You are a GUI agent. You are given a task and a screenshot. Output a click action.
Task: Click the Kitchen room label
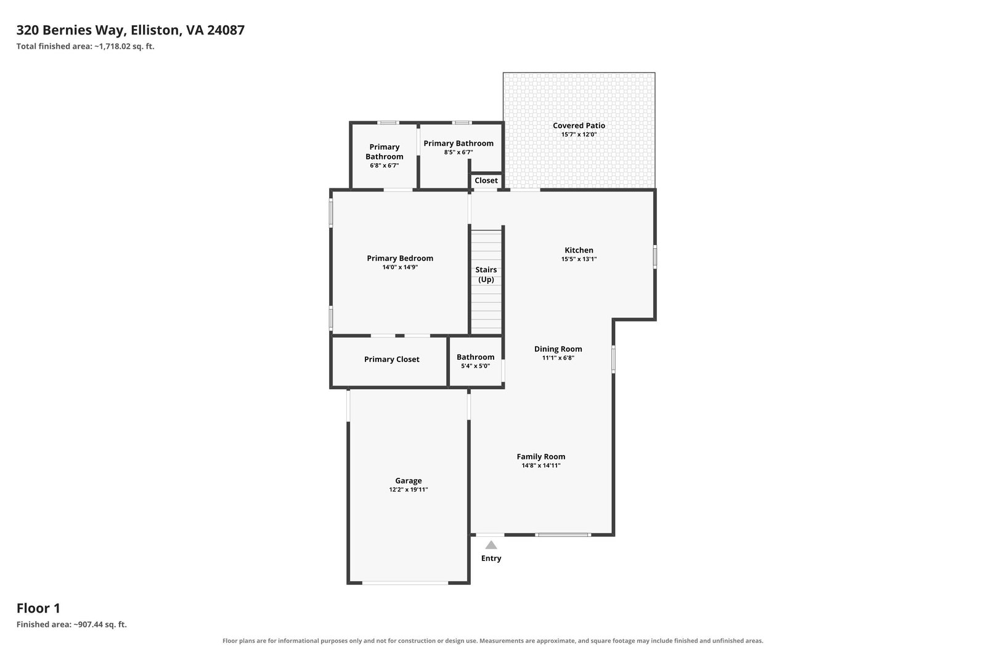coord(579,250)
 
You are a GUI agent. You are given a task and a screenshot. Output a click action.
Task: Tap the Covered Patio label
coord(579,126)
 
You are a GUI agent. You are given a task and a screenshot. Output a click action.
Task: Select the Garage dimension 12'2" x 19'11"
coord(408,490)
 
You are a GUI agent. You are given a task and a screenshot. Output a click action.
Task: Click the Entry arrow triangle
coord(491,546)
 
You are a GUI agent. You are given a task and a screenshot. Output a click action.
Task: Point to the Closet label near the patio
coord(486,181)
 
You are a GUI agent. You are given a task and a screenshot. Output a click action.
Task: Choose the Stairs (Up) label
coord(486,275)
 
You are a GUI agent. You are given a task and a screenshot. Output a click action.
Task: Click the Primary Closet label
coord(392,359)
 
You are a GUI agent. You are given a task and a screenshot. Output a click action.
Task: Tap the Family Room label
coord(541,456)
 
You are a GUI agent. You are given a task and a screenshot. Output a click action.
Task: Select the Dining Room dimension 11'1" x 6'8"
coord(558,358)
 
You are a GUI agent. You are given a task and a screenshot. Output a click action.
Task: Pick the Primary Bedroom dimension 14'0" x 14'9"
coord(400,267)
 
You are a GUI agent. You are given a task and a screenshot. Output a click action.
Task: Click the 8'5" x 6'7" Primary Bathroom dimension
coord(458,152)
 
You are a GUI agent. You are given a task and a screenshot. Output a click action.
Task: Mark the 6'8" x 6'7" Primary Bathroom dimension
coord(385,166)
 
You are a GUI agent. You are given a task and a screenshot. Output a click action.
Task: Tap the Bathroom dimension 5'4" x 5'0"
coord(475,366)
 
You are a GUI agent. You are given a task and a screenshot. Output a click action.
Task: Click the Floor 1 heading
coord(38,608)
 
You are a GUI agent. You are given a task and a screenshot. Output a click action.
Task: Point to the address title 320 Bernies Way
coord(130,30)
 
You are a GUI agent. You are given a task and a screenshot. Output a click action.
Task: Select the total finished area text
coord(86,46)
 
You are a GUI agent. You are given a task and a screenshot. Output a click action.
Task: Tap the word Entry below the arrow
coord(491,558)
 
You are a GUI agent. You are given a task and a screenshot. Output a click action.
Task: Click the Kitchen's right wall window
coord(655,257)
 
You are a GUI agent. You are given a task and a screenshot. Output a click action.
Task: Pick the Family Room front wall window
coord(563,534)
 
